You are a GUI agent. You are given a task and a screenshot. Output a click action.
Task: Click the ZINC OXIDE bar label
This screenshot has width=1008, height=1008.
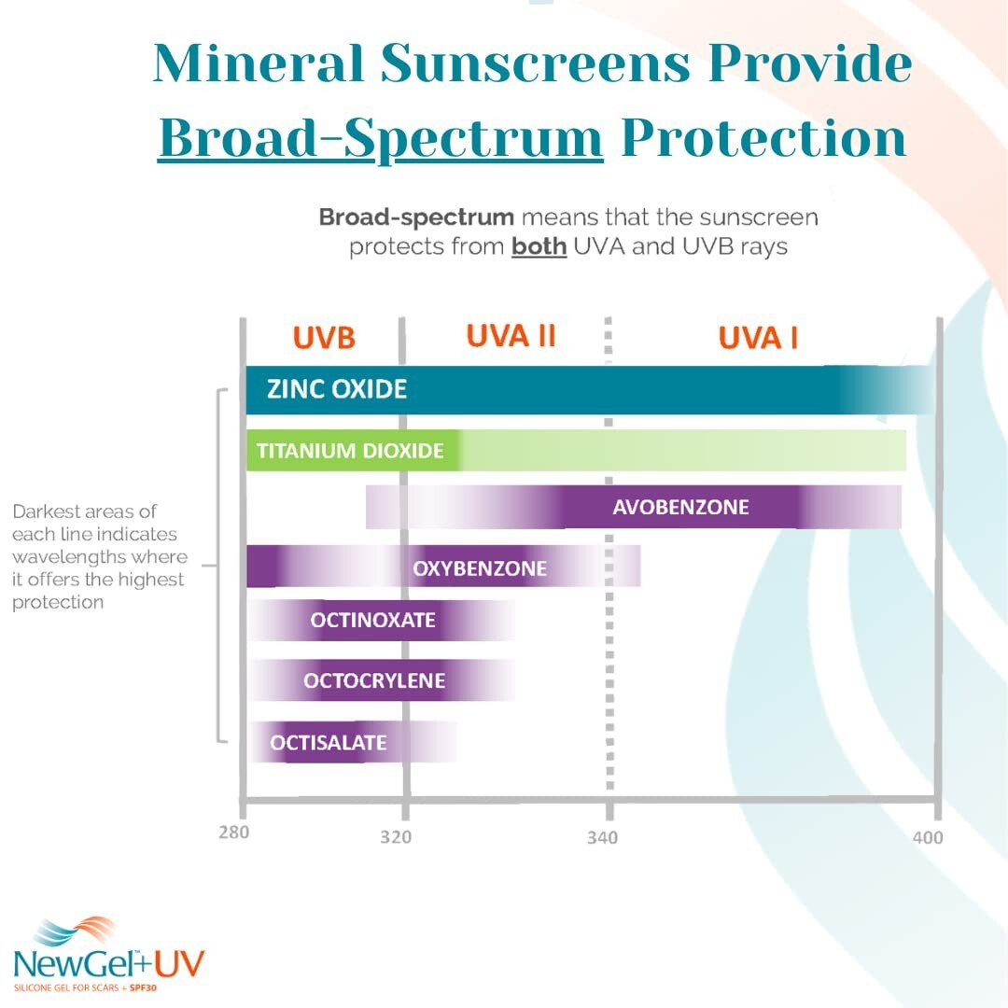pyautogui.click(x=337, y=388)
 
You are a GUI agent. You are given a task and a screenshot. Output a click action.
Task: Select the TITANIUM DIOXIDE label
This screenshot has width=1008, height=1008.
pyautogui.click(x=350, y=451)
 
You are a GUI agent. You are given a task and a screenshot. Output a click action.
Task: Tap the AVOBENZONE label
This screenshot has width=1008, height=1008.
pyautogui.click(x=680, y=508)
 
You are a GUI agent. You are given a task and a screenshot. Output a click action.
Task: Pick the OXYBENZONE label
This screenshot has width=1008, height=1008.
pyautogui.click(x=480, y=567)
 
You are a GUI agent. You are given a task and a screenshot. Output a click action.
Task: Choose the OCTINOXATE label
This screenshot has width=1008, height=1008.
pyautogui.click(x=373, y=620)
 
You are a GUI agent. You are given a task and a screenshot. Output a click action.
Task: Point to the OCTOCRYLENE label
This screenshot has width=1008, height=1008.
pyautogui.click(x=374, y=680)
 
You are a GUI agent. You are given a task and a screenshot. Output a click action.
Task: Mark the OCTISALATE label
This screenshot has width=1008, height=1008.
pyautogui.click(x=328, y=743)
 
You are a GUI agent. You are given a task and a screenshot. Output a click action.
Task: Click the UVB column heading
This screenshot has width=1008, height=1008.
pyautogui.click(x=324, y=338)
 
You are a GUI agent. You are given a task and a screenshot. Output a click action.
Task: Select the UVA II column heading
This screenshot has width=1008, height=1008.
pyautogui.click(x=511, y=336)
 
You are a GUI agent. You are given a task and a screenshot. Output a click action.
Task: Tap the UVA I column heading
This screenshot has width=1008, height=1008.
pyautogui.click(x=758, y=338)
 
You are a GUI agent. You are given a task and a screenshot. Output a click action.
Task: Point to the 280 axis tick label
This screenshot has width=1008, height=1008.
pyautogui.click(x=234, y=832)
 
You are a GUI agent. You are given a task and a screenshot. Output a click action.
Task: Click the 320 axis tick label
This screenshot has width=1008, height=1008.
pyautogui.click(x=396, y=837)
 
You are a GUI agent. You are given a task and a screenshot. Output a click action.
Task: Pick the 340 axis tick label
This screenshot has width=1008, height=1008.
pyautogui.click(x=602, y=838)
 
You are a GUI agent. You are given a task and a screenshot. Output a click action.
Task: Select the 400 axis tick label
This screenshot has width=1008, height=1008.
pyautogui.click(x=928, y=837)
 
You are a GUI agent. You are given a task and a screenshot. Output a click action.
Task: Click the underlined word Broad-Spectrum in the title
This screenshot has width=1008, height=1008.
pyautogui.click(x=381, y=138)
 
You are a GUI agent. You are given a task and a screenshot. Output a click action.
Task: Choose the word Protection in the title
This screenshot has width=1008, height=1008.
pyautogui.click(x=763, y=138)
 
